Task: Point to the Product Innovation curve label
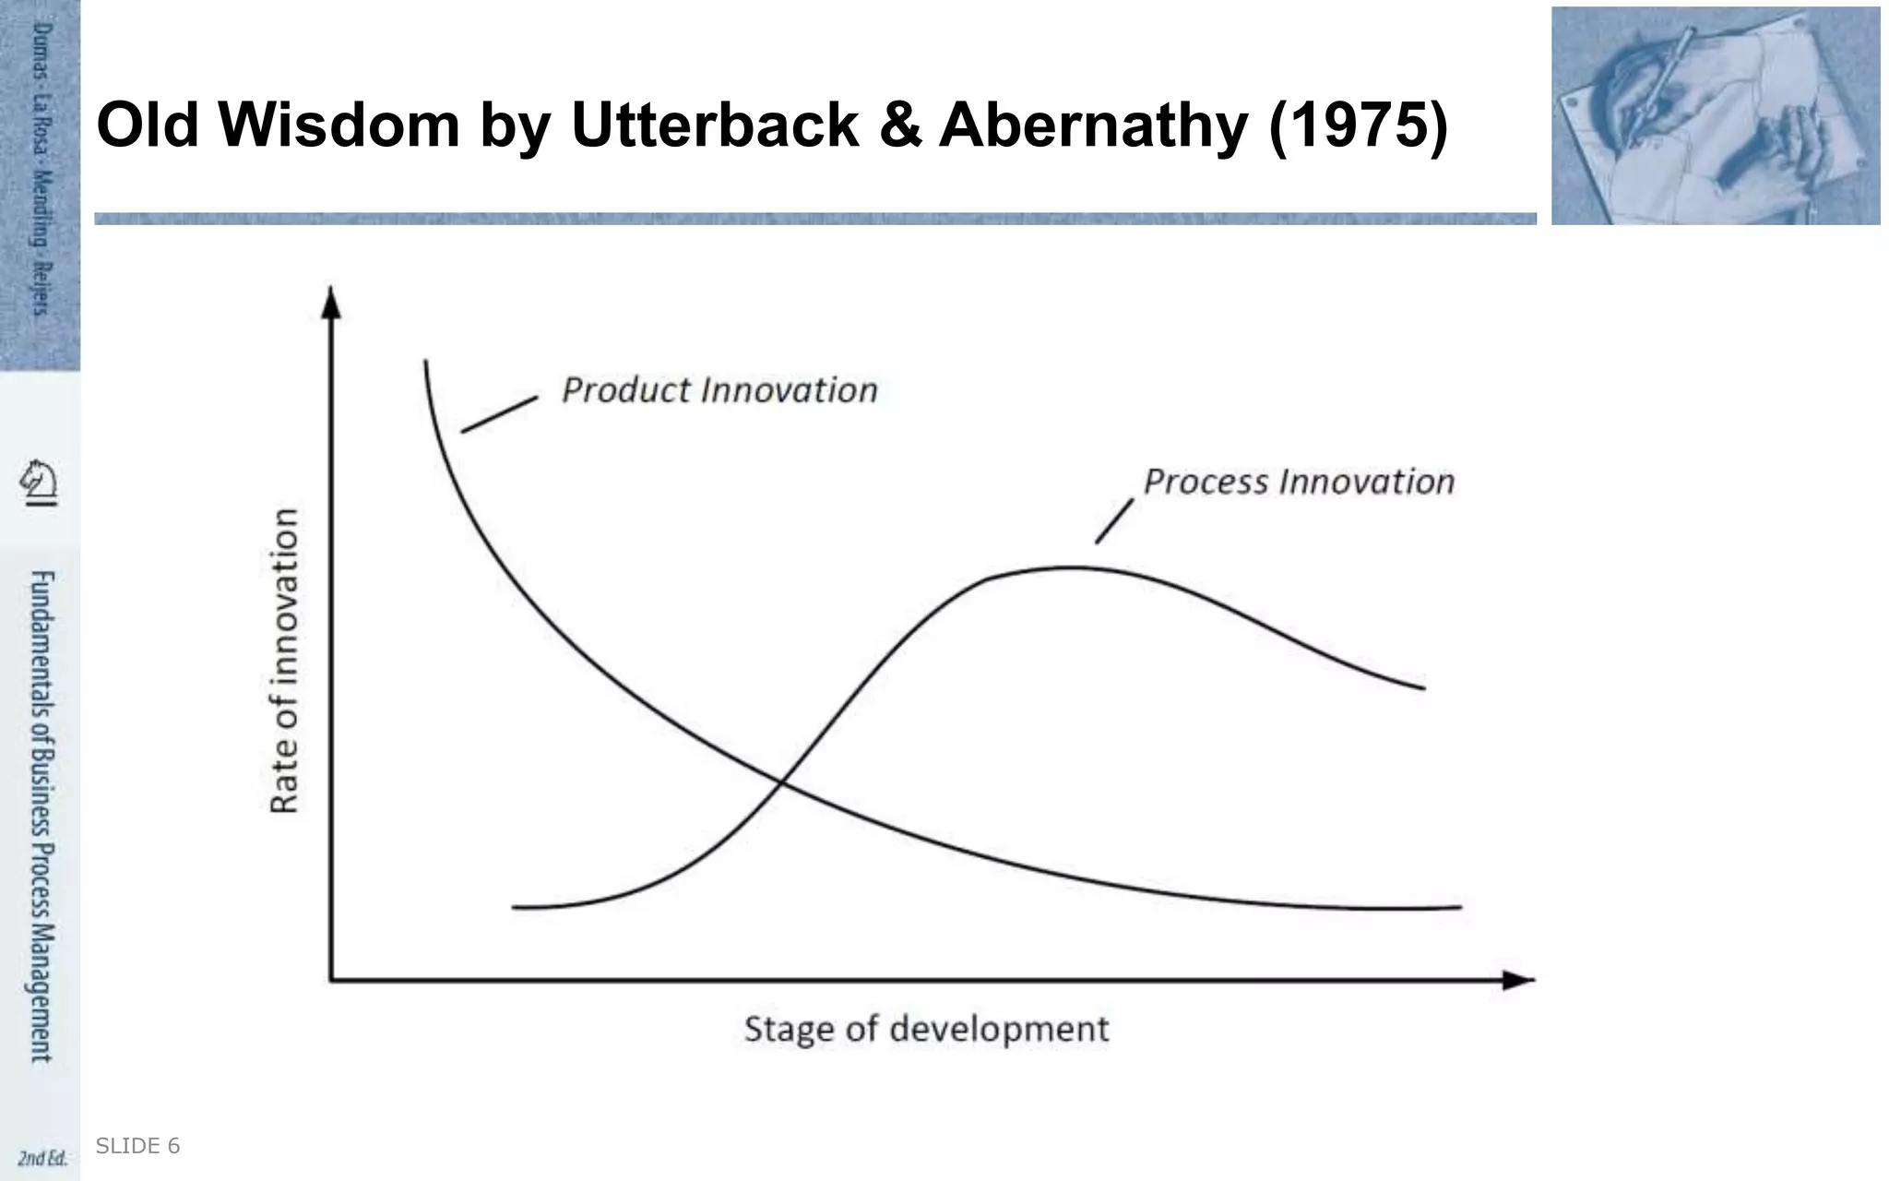719,390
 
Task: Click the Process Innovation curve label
1299,482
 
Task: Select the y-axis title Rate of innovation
285,660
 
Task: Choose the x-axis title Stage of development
926,1029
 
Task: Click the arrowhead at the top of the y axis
331,301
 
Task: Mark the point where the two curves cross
781,783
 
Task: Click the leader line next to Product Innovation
499,414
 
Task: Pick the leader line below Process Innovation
1114,521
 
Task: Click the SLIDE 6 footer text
137,1146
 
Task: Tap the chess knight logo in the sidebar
40,482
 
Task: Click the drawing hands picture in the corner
1715,115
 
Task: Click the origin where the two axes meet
331,980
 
